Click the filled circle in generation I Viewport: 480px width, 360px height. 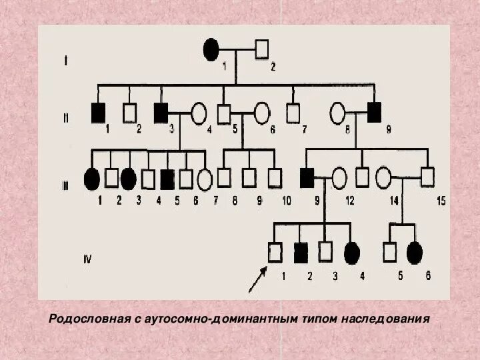point(211,49)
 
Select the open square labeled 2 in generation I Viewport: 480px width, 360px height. point(262,49)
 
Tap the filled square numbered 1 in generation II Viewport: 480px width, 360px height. point(98,113)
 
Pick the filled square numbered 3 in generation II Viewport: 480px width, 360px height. point(161,113)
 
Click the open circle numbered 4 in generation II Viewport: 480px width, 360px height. point(198,113)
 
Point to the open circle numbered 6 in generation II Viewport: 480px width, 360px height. point(262,113)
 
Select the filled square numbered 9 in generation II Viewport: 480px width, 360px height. point(374,113)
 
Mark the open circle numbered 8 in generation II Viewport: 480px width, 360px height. point(337,113)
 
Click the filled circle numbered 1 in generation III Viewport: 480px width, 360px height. point(91,177)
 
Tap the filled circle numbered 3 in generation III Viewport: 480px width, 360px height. point(129,177)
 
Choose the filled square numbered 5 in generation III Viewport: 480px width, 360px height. point(167,177)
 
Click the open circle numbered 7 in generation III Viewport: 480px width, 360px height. point(205,178)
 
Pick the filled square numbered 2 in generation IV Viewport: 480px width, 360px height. point(300,252)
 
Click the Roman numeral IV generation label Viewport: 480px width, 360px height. point(87,259)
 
